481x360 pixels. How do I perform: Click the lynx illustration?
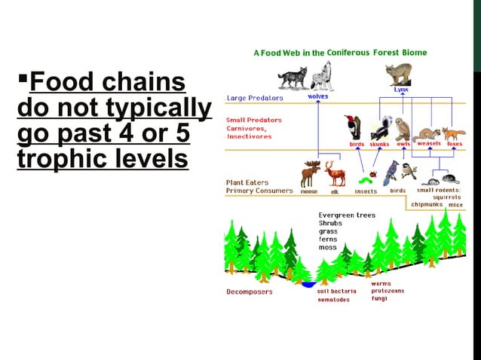click(x=397, y=74)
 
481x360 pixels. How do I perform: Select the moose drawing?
click(x=311, y=174)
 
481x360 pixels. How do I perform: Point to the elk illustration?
click(x=335, y=174)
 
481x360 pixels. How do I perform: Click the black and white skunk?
click(x=377, y=127)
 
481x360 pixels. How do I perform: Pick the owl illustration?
click(x=403, y=127)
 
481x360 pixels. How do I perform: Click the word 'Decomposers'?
click(x=249, y=291)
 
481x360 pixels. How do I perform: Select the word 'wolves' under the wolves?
click(x=317, y=96)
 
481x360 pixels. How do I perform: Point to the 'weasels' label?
click(x=429, y=143)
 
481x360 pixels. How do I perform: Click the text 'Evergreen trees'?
click(x=347, y=215)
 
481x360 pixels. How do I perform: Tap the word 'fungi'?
click(x=379, y=298)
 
